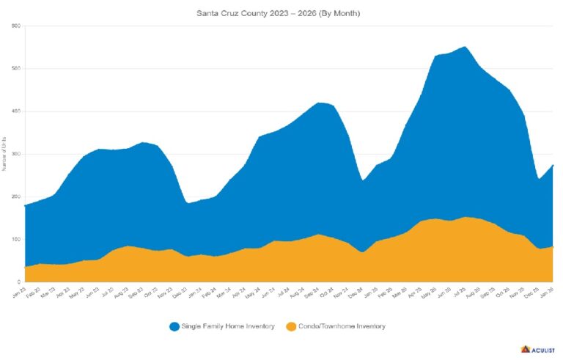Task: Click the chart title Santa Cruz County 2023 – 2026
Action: point(278,13)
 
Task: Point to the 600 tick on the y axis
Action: point(15,26)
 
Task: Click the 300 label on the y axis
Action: point(15,154)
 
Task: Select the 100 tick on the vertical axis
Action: point(15,239)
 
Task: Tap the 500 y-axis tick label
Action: point(15,69)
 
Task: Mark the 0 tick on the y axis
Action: point(18,282)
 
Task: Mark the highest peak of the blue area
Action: point(466,47)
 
